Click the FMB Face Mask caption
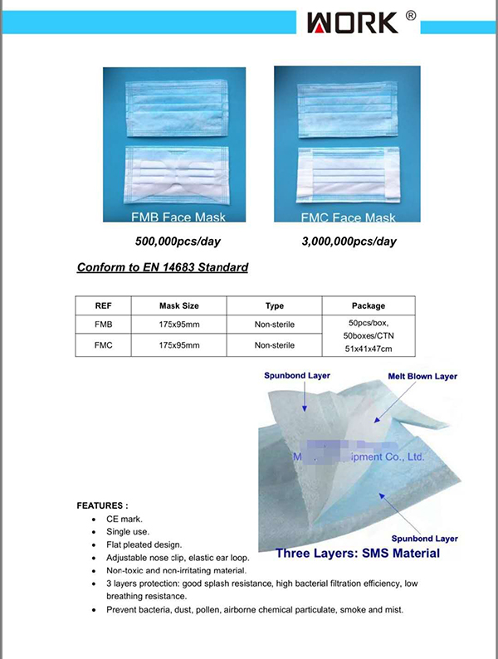click(x=178, y=217)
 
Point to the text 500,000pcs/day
click(x=178, y=242)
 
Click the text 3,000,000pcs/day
click(x=349, y=242)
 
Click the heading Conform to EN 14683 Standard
click(x=163, y=268)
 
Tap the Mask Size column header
click(x=179, y=305)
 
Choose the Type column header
click(x=274, y=305)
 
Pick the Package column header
click(x=369, y=305)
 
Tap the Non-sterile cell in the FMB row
click(x=274, y=325)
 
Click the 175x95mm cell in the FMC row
click(x=179, y=344)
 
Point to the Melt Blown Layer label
click(x=422, y=377)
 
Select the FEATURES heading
click(x=102, y=505)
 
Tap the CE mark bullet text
click(x=124, y=518)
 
